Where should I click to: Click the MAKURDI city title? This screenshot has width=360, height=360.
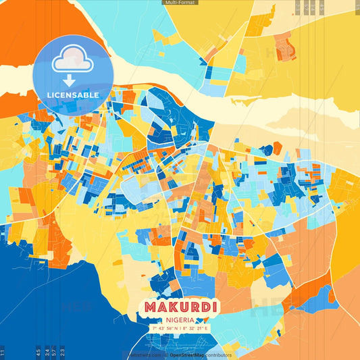coord(180,307)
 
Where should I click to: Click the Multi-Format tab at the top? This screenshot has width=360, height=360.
coord(180,3)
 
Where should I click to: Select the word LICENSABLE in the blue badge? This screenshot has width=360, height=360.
coord(73,95)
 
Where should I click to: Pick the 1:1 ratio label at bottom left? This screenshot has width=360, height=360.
coord(3,351)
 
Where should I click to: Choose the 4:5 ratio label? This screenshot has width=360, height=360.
coord(38,351)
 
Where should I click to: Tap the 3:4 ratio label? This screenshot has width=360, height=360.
coord(47,351)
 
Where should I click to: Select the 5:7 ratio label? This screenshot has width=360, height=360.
coord(54,351)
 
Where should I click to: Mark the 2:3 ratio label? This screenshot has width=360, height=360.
coord(62,351)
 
